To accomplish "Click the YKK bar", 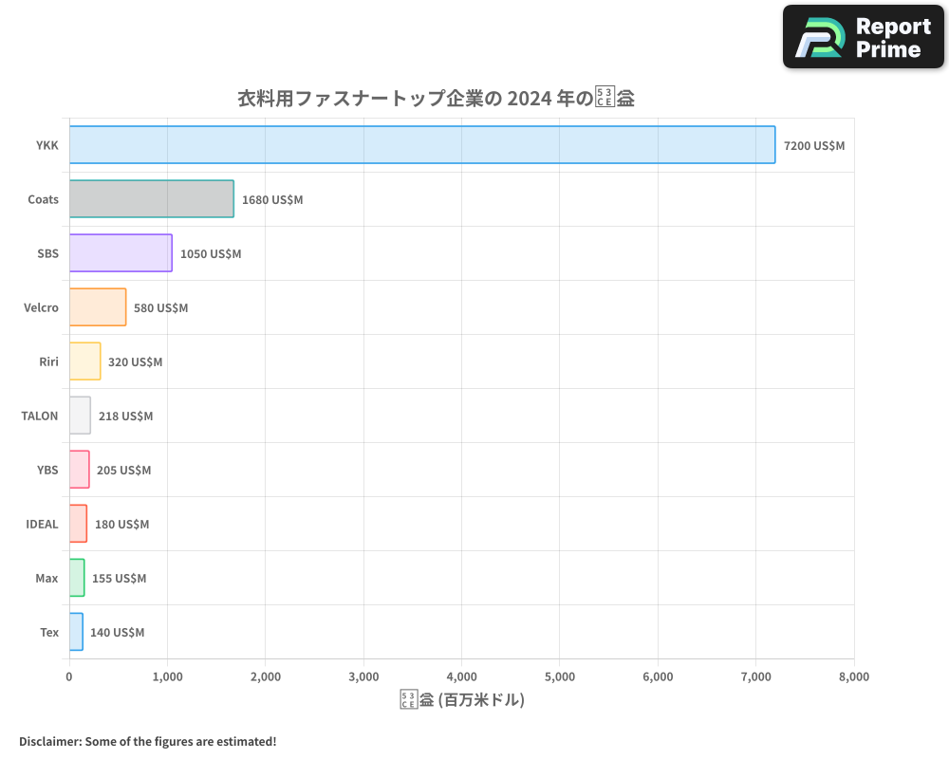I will tap(422, 145).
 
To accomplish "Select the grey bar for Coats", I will tap(152, 199).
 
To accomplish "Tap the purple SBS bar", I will tap(121, 253).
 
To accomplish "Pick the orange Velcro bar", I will tap(98, 307).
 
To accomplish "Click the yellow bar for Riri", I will tap(84, 361).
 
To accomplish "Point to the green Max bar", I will tap(77, 578).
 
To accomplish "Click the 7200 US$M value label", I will tap(814, 146).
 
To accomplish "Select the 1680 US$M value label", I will tap(272, 200).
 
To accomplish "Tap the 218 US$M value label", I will tap(125, 416).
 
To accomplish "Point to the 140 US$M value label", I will tap(117, 632).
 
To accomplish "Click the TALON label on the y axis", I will tap(40, 416).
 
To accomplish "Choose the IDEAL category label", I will tap(42, 524).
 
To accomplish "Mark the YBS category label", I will tap(47, 470).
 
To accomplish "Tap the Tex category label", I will tap(49, 632).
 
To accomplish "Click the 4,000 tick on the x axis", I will tap(461, 676).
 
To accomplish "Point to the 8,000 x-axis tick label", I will tap(853, 676).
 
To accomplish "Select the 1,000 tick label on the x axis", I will tap(168, 676).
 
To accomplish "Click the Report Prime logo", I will tap(864, 37).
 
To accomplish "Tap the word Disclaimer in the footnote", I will tap(49, 741).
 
